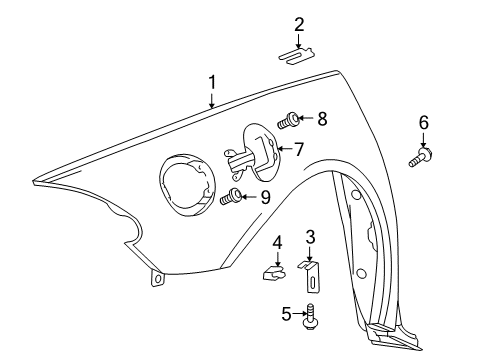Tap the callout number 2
tap(299, 25)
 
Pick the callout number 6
tap(423, 122)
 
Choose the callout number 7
tap(299, 150)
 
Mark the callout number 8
tap(322, 119)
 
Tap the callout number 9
tap(265, 197)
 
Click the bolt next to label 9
tap(231, 197)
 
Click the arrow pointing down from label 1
tap(211, 99)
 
